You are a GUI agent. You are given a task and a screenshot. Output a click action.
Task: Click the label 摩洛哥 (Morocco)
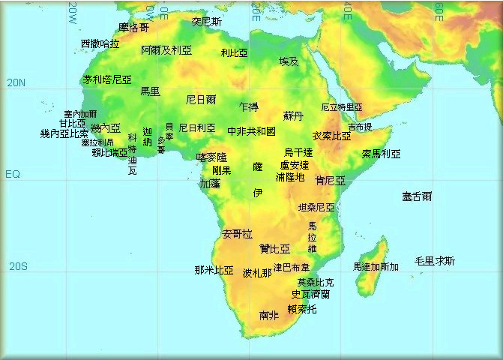pyautogui.click(x=133, y=28)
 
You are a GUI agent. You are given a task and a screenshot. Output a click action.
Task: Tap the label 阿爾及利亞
pyautogui.click(x=166, y=50)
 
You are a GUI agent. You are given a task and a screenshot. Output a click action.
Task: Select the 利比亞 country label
pyautogui.click(x=235, y=53)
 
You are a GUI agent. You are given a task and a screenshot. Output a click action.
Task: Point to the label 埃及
pyautogui.click(x=289, y=61)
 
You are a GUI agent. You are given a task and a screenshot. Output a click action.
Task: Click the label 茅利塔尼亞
pyautogui.click(x=107, y=79)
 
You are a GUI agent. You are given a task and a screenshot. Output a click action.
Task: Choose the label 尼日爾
pyautogui.click(x=201, y=99)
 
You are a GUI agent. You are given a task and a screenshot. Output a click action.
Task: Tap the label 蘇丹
pyautogui.click(x=293, y=116)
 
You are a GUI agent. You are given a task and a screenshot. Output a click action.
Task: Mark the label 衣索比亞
pyautogui.click(x=331, y=136)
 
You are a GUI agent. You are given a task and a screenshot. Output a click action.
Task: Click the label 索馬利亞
pyautogui.click(x=381, y=154)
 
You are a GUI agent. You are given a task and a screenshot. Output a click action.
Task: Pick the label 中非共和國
pyautogui.click(x=251, y=131)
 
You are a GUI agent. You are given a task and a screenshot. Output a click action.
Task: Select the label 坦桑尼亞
pyautogui.click(x=316, y=207)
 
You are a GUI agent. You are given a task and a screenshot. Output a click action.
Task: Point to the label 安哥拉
pyautogui.click(x=238, y=234)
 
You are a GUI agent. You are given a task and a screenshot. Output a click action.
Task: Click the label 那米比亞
pyautogui.click(x=214, y=270)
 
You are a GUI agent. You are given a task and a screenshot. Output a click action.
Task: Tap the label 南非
pyautogui.click(x=269, y=316)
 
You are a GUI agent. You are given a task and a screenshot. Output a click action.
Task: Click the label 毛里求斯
pyautogui.click(x=435, y=261)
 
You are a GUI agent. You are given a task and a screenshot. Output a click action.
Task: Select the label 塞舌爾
pyautogui.click(x=417, y=196)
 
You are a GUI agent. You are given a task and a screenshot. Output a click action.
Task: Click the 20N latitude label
pyautogui.click(x=16, y=83)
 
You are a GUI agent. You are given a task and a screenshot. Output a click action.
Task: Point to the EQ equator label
pyautogui.click(x=13, y=175)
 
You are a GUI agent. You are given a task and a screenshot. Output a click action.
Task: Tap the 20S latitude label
pyautogui.click(x=17, y=266)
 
